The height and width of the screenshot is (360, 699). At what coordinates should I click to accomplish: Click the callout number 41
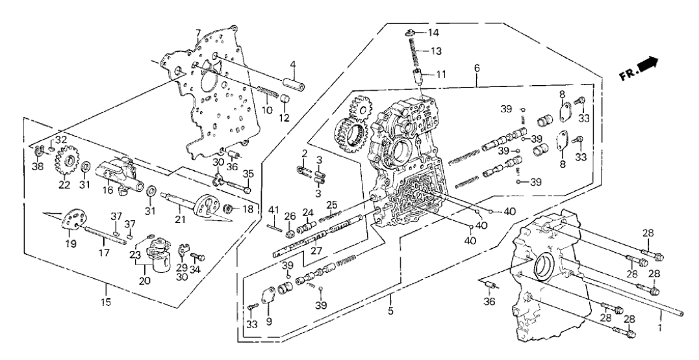tap(274, 209)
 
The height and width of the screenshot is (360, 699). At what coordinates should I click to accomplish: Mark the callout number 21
tap(181, 220)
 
